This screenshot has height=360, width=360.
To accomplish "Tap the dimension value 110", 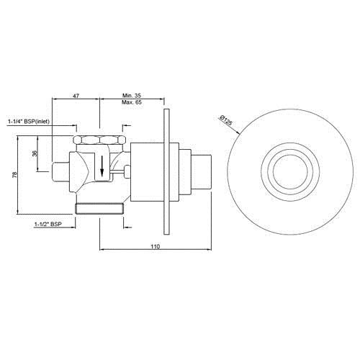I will pyautogui.click(x=156, y=246).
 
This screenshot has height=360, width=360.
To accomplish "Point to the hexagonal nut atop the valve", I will pyautogui.click(x=101, y=140).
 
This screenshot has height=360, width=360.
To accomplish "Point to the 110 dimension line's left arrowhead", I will pyautogui.click(x=101, y=250).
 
